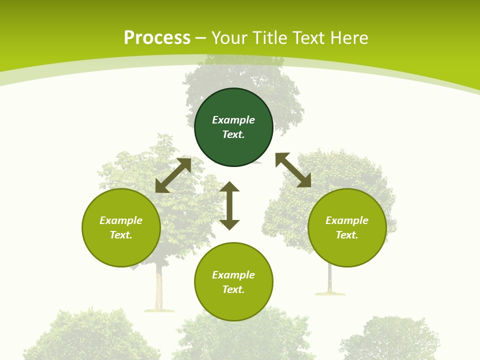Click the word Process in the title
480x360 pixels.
pos(157,38)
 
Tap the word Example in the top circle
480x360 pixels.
pos(233,120)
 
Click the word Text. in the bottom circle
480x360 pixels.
pos(233,289)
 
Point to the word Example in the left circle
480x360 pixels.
pos(121,220)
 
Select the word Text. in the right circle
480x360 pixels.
pos(347,235)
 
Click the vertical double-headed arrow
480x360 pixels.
pos(229,205)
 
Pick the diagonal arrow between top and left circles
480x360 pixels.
pos(173,175)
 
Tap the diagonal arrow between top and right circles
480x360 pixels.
pos(293,170)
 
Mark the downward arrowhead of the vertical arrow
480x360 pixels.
pos(229,224)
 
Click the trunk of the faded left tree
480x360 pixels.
pos(159,290)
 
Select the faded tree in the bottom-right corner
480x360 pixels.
pos(390,340)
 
